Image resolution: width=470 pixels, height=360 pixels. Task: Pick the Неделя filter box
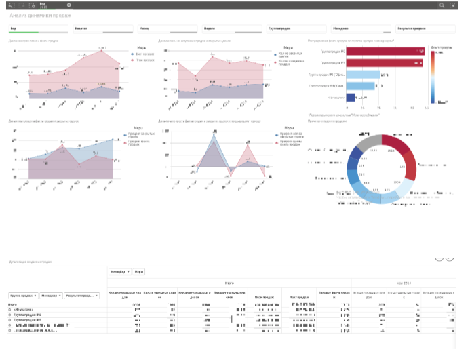click(231, 29)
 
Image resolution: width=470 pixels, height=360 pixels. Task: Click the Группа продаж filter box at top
click(296, 29)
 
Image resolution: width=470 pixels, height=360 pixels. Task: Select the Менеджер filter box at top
click(360, 29)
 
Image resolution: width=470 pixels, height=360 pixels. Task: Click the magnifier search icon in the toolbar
click(442, 5)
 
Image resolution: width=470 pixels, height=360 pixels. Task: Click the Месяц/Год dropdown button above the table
click(119, 272)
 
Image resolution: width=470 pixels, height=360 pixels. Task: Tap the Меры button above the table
click(139, 272)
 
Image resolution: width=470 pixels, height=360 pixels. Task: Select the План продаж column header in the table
click(263, 297)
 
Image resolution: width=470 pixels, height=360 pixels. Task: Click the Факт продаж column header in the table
click(299, 297)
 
